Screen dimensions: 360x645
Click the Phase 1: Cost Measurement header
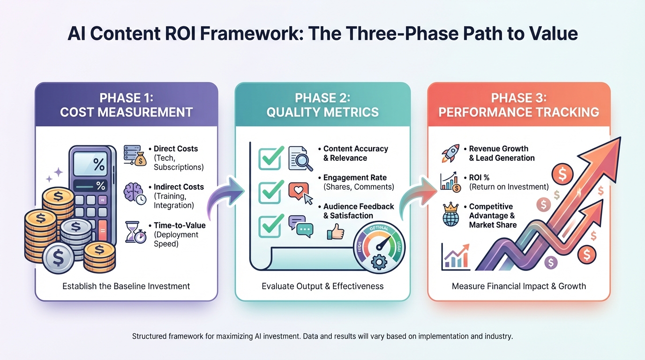[126, 105]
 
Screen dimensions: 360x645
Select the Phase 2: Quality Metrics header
[322, 105]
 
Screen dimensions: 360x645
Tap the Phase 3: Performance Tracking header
[519, 105]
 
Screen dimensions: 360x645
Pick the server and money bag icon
[134, 155]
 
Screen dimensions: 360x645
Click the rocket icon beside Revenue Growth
[451, 154]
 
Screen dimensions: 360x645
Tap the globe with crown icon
[451, 215]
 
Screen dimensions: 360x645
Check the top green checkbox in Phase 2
[270, 157]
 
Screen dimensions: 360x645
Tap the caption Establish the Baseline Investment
[126, 286]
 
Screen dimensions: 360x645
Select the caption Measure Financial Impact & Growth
[519, 286]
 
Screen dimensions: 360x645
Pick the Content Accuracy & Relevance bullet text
[355, 153]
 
